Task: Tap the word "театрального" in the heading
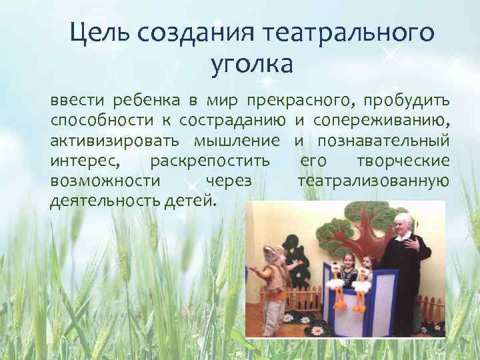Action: [x=347, y=32]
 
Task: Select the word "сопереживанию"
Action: [x=381, y=121]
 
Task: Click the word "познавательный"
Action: [x=384, y=141]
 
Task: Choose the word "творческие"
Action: [x=403, y=161]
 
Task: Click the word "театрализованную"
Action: [x=373, y=181]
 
